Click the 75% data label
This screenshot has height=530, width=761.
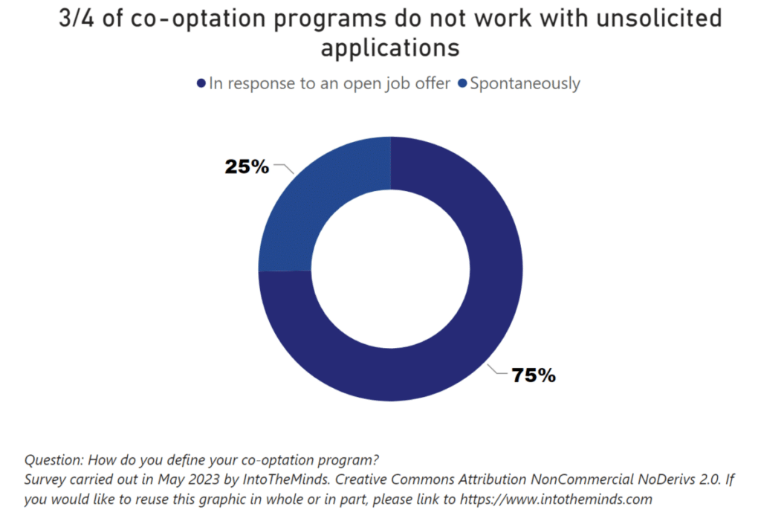coord(534,375)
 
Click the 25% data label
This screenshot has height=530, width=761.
coord(247,167)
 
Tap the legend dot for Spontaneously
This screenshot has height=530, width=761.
coord(463,83)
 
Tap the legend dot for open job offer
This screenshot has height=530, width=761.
coord(201,83)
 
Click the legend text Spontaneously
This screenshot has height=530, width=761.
coord(525,83)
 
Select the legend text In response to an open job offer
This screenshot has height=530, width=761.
coord(330,83)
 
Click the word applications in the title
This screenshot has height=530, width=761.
coord(390,48)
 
